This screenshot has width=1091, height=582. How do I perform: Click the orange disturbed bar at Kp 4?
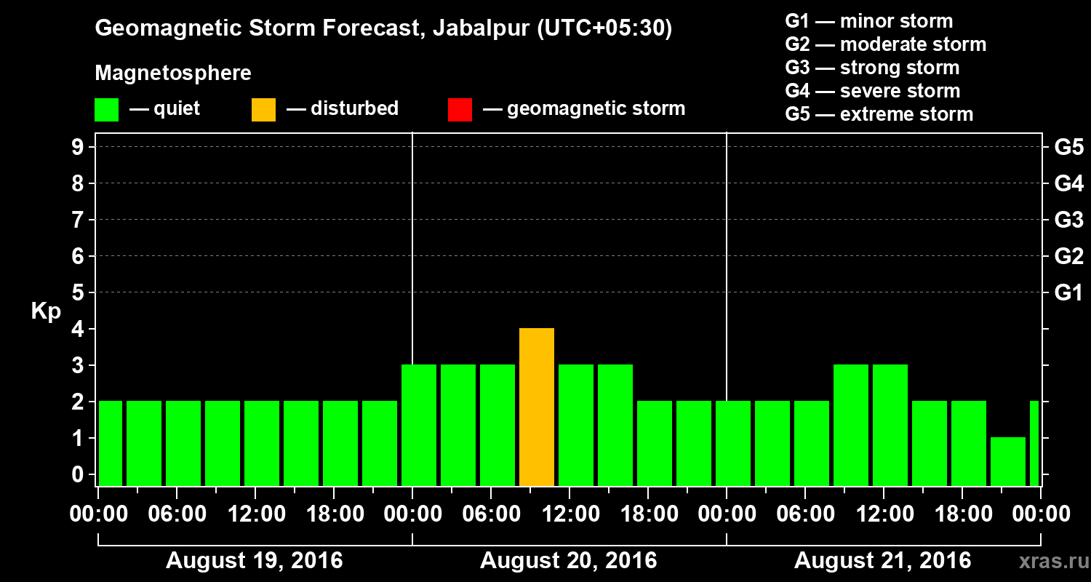pos(537,407)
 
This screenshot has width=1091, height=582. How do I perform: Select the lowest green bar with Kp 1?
pos(1008,461)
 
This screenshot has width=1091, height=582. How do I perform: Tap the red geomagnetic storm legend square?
pos(460,110)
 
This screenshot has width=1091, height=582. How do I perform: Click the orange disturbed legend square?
pos(263,110)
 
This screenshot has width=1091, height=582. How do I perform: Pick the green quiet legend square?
pos(106,110)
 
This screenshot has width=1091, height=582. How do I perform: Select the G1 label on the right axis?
pos(1068,292)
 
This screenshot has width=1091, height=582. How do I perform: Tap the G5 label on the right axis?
pos(1068,147)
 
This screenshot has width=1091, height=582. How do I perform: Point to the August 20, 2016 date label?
pos(568,561)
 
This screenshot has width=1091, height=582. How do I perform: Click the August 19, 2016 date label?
pos(254,561)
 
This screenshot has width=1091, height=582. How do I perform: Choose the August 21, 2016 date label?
pos(882,561)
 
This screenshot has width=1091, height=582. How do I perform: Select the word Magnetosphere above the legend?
pos(173,73)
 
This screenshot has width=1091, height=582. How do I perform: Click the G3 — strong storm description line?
pos(872,68)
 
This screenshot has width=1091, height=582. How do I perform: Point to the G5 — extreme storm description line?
pos(879,114)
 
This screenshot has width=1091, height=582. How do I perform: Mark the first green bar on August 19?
pos(110,443)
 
